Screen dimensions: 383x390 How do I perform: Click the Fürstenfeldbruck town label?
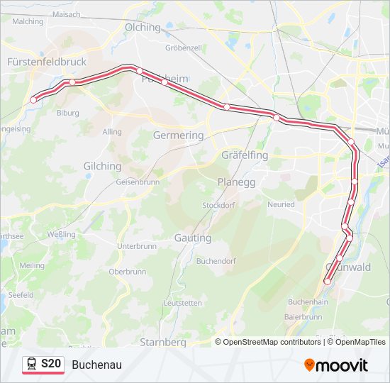(46, 62)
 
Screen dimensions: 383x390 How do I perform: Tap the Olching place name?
(143, 28)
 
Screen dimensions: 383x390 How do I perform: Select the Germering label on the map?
(178, 135)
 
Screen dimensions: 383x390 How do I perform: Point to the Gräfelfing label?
(244, 155)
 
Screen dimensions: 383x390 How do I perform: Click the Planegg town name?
(236, 181)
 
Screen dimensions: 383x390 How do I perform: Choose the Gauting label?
(192, 238)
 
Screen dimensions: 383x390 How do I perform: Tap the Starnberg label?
(162, 342)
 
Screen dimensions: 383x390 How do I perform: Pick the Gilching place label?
(102, 166)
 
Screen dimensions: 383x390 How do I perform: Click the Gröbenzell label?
(183, 48)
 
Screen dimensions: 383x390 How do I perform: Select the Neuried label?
(281, 204)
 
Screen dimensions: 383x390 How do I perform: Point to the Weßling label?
(61, 234)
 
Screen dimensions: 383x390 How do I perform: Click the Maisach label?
(66, 13)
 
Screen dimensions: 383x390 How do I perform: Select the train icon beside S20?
(32, 365)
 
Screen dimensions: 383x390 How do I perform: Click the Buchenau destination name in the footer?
(97, 365)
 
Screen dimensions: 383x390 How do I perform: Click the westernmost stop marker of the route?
(33, 100)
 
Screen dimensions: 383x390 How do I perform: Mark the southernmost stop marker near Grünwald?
(327, 282)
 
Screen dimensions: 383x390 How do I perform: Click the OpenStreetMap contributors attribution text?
(272, 342)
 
